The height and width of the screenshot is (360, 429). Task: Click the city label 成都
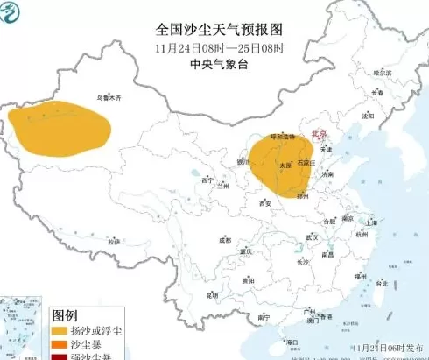tap(225, 239)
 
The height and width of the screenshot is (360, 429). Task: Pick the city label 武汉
tap(311, 238)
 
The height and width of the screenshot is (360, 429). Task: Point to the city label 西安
tap(264, 204)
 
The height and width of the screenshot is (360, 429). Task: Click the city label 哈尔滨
tap(381, 73)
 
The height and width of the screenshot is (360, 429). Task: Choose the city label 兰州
tap(224, 186)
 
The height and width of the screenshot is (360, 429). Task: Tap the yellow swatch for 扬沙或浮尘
tap(61, 333)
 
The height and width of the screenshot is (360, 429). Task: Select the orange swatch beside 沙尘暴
tap(61, 346)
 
